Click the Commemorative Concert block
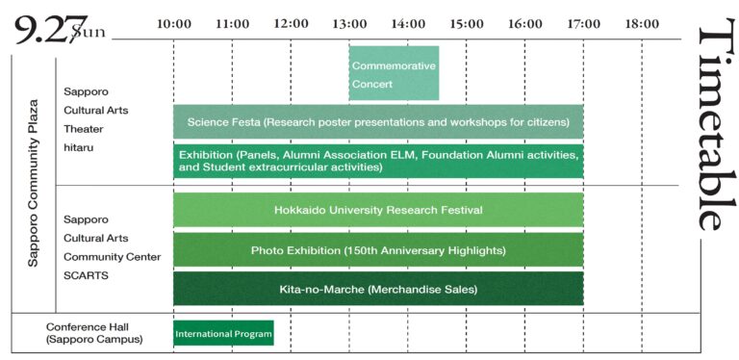point(394,73)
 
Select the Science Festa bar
point(378,121)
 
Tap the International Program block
point(223,333)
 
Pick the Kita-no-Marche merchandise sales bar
point(378,289)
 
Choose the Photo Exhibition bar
point(378,249)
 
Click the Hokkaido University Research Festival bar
point(378,210)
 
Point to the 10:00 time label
point(174,23)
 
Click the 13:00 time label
point(349,23)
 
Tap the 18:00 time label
point(642,23)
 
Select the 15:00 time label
point(466,23)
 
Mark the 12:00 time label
point(291,23)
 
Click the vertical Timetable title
point(716,124)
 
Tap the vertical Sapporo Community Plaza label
point(33,183)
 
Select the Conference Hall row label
point(94,333)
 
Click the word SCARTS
point(87,275)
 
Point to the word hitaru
point(79,147)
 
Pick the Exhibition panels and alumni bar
point(378,161)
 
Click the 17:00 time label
point(583,23)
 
